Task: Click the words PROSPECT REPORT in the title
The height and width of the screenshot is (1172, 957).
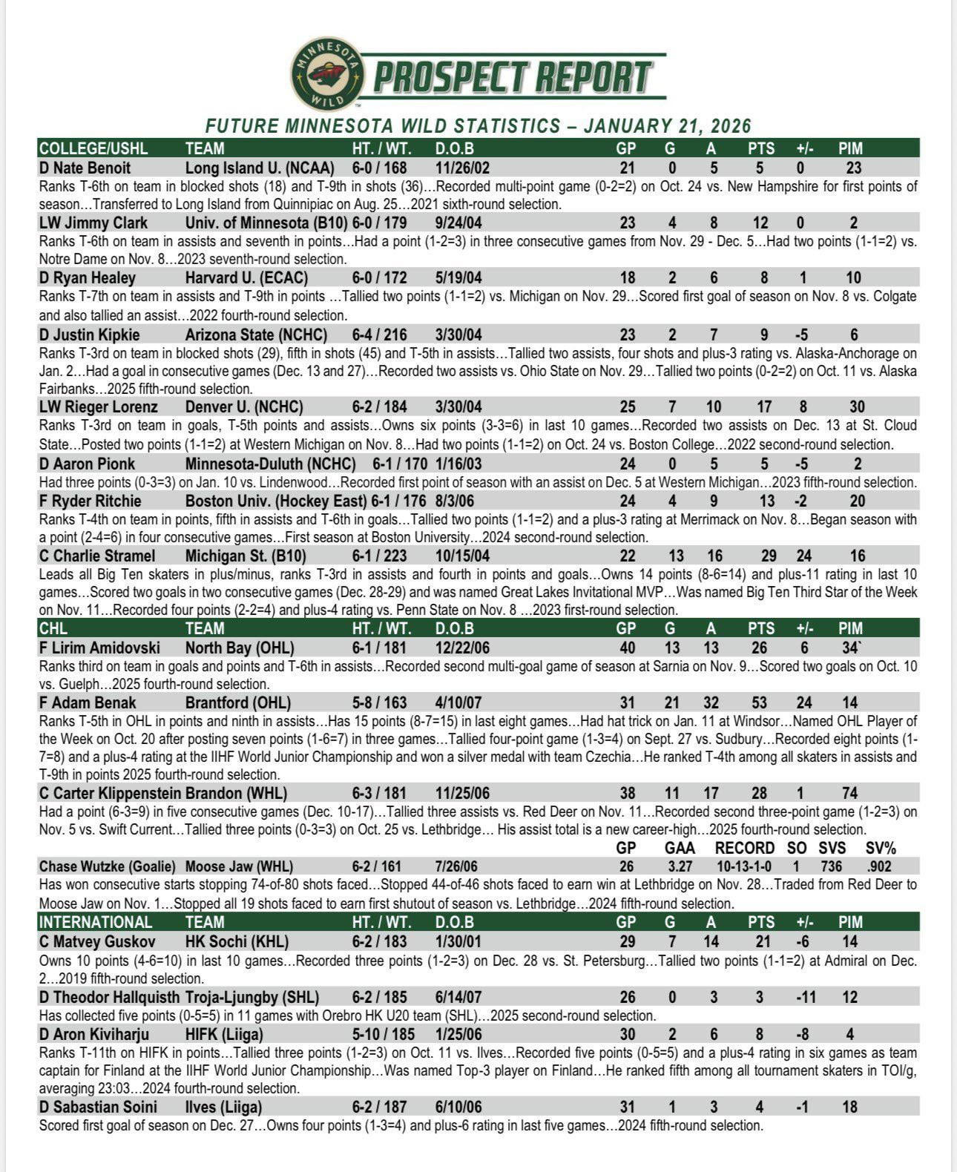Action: coord(513,77)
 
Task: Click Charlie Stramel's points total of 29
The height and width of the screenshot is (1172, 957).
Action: coord(769,556)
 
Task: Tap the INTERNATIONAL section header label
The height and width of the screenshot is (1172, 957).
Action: coord(96,922)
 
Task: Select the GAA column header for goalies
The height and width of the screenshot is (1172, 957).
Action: coord(679,848)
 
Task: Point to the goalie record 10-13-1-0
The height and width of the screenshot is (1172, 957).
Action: coord(743,866)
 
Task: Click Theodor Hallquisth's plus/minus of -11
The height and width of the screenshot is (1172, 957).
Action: coord(806,996)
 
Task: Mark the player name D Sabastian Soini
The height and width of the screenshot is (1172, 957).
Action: coord(99,1107)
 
